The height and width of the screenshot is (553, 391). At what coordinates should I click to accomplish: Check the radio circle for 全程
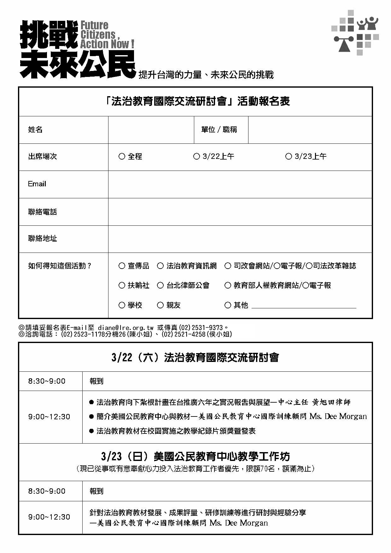pos(122,156)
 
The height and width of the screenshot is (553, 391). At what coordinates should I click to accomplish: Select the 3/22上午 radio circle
pos(196,156)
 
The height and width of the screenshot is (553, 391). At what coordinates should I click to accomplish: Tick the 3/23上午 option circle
pos(289,156)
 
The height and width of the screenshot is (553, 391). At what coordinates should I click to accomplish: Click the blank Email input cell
pos(240,184)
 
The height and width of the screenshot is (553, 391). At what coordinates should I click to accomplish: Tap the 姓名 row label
pos(35,130)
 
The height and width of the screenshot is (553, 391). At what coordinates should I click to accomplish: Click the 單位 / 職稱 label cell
pos(219,130)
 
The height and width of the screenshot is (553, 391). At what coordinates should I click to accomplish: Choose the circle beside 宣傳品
pos(122,266)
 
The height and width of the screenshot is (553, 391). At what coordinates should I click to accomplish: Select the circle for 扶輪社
pos(122,285)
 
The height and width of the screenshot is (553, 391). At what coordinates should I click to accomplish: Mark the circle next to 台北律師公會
pos(160,285)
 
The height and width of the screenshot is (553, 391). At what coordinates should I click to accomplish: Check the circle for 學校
pos(122,305)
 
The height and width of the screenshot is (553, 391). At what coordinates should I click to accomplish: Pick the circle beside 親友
pos(160,305)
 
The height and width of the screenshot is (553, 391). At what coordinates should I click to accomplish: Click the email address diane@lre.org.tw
pos(125,328)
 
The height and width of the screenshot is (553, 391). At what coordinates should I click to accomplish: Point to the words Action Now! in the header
pos(107,44)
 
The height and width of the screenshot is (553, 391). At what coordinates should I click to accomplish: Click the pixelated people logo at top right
pos(355,32)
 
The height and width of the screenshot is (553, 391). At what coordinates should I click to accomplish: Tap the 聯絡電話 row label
pos(43,212)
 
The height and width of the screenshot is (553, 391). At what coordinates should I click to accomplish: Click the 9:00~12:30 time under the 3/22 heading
pos(49,417)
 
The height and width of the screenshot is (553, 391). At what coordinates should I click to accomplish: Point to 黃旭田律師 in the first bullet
pos(331,402)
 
